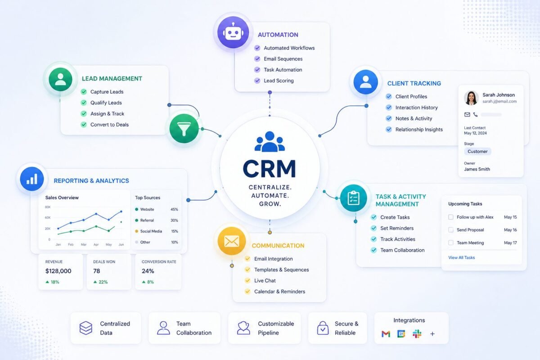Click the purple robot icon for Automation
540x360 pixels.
pos(233,32)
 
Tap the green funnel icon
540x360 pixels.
pos(184,129)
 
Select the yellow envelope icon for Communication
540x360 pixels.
pos(231,242)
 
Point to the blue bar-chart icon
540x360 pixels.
pos(31,179)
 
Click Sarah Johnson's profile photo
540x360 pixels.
pos(471,98)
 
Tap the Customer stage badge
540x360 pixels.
pos(477,152)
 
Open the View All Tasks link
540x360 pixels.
pos(461,258)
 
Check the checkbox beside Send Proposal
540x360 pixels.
pos(451,230)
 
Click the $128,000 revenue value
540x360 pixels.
pos(58,271)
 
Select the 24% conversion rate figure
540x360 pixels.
pos(148,271)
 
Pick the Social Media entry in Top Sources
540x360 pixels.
pos(151,231)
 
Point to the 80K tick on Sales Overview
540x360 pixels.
pos(48,207)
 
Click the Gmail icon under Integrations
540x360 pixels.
pos(386,334)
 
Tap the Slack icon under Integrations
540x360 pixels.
pos(417,334)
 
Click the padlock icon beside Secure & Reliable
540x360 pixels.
pos(323,328)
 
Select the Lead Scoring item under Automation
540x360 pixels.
pos(279,81)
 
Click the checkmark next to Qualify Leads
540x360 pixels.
pos(83,103)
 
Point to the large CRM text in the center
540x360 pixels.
pos(270,169)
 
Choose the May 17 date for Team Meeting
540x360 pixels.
pos(510,243)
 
